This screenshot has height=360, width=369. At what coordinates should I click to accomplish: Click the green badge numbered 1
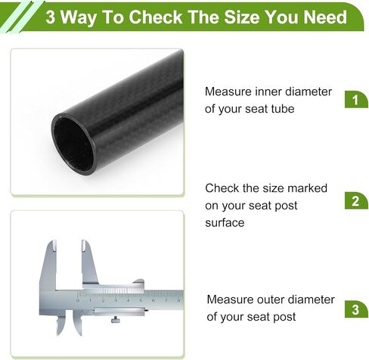[x=356, y=99]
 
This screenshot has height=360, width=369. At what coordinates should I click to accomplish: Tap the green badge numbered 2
[x=356, y=200]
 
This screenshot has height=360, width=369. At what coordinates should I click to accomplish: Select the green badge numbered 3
[x=356, y=309]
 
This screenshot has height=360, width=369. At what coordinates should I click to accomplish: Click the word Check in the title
[x=156, y=17]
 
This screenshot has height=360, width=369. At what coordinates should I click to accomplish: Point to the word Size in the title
[x=242, y=17]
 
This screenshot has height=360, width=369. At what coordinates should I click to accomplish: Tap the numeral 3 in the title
[x=51, y=17]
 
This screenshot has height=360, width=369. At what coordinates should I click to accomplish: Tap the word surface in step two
[x=225, y=223]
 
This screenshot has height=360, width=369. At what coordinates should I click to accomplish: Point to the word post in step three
[x=286, y=317]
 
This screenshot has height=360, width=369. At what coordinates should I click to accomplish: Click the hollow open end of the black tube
[x=73, y=144]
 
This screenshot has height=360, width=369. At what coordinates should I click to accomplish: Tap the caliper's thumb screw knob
[x=116, y=320]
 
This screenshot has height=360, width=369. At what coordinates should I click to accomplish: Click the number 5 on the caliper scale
[x=141, y=300]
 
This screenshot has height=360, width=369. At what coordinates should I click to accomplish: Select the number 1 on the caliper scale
[x=90, y=300]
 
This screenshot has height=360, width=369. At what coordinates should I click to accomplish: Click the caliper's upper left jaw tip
[x=54, y=242]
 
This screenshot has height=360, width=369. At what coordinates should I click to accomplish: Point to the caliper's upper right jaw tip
[x=84, y=242]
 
